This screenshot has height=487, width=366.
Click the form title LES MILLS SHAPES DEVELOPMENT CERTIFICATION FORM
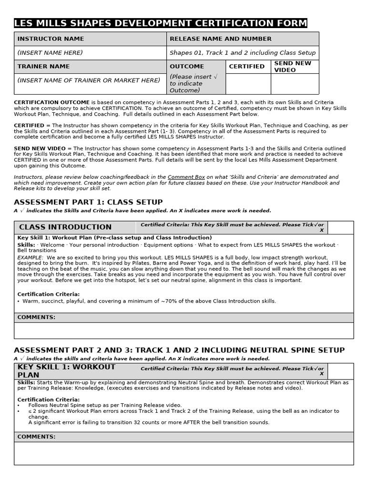pos(161,23)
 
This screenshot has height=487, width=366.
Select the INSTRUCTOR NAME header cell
pos(51,39)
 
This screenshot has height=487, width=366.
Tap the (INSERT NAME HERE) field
pos(50,53)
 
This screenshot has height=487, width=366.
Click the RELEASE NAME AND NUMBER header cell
pos(221,39)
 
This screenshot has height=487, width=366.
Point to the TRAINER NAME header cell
pos(43,67)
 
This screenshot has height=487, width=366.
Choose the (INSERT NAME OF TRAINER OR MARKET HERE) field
pos(89,80)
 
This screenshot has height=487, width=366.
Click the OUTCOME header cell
pos(187,67)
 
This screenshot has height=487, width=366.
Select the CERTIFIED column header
pos(247,67)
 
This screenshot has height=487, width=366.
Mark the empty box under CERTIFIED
pos(248,84)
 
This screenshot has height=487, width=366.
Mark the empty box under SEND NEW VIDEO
pos(295,84)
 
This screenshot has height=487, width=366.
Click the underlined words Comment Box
pos(186,177)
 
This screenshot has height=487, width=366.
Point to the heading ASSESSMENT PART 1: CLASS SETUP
pos(88,202)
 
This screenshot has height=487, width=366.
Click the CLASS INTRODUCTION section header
pos(65,227)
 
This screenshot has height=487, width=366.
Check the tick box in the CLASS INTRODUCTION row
pos(341,227)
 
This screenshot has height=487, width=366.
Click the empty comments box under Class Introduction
pos(184,330)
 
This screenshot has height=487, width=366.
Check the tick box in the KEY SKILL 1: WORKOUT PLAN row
pos(341,371)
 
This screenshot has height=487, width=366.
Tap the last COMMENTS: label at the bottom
pos(36,437)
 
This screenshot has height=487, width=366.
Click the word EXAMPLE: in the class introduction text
pos(30,257)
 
